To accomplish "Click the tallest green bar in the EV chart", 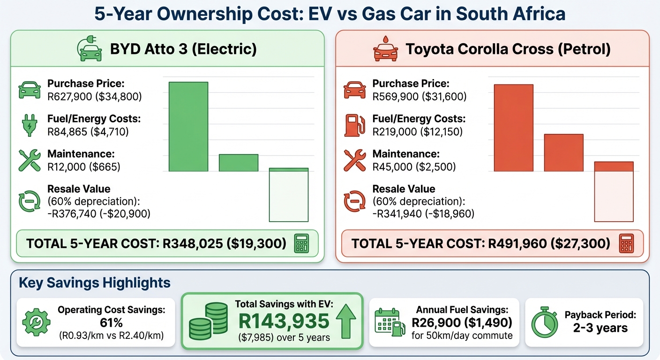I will [188, 127].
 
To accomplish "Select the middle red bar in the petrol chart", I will [563, 153].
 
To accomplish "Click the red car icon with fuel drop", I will [385, 49].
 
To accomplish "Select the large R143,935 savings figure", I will [284, 322].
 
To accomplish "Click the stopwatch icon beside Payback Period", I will [543, 322].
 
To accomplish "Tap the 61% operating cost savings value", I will [111, 322].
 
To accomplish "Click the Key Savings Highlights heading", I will [94, 283].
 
